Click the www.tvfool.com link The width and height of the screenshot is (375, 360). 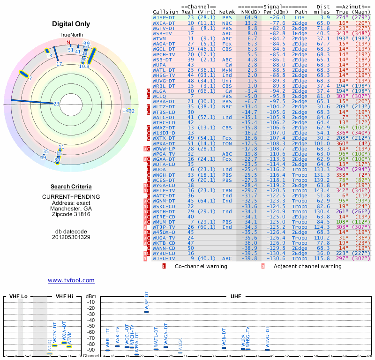pos(71,280)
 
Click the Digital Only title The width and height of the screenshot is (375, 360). pos(71,23)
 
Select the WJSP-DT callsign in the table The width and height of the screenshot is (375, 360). pos(164,17)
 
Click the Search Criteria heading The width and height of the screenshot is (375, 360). pos(71,187)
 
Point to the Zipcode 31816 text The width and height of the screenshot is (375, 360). pos(71,214)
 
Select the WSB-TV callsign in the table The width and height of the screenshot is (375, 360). pos(162,33)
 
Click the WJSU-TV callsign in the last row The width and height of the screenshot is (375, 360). pos(164,258)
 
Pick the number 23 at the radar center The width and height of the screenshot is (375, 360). pos(56,104)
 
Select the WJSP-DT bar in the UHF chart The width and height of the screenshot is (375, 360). pos(146,311)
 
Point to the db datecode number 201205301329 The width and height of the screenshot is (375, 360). pos(71,237)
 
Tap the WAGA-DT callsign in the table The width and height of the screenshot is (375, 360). pos(164,44)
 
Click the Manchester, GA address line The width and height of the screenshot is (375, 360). pos(71,208)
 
